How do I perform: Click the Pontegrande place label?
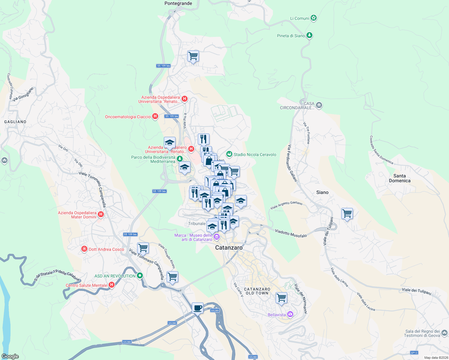(178, 4)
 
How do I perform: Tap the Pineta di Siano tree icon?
(309, 35)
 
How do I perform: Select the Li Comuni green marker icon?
(314, 18)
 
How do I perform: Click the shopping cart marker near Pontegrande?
(193, 56)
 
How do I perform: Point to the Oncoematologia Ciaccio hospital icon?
(155, 116)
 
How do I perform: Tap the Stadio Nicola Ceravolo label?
(255, 154)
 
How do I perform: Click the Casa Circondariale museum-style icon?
(319, 105)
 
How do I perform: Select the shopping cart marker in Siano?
(347, 214)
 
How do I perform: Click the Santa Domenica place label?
(399, 178)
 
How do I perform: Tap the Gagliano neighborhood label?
(15, 122)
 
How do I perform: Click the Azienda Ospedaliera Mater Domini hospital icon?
(101, 214)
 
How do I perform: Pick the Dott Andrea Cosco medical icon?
(84, 249)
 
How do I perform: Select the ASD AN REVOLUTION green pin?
(140, 276)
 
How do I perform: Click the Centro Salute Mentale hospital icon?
(112, 285)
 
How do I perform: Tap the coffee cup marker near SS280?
(197, 308)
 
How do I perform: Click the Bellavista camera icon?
(290, 314)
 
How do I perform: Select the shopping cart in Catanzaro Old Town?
(281, 298)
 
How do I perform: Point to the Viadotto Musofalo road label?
(291, 233)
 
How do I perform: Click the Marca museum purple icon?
(216, 237)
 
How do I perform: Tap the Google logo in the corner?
(10, 356)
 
